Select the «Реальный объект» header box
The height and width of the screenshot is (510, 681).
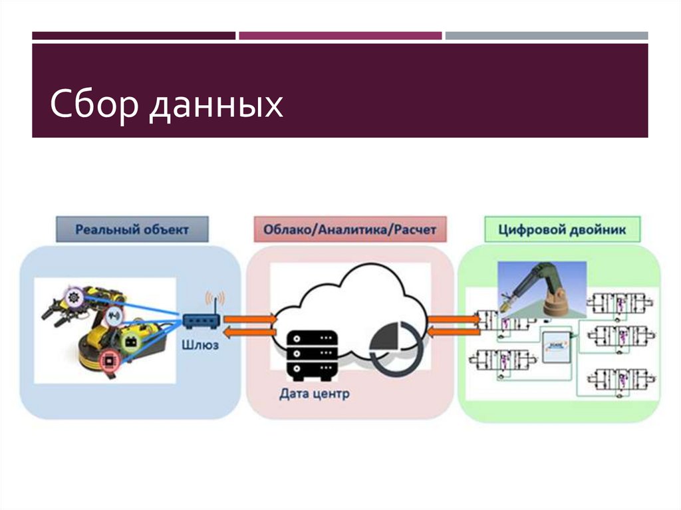pyautogui.click(x=132, y=230)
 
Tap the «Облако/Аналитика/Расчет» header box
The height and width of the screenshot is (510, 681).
pyautogui.click(x=349, y=230)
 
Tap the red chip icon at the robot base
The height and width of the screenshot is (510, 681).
pyautogui.click(x=106, y=360)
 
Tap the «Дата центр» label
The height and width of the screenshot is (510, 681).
pyautogui.click(x=314, y=394)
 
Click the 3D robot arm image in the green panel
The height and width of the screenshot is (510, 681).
pyautogui.click(x=542, y=286)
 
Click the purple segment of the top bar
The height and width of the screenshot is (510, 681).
pyautogui.click(x=340, y=35)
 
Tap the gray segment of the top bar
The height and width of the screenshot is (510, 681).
pyautogui.click(x=546, y=35)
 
